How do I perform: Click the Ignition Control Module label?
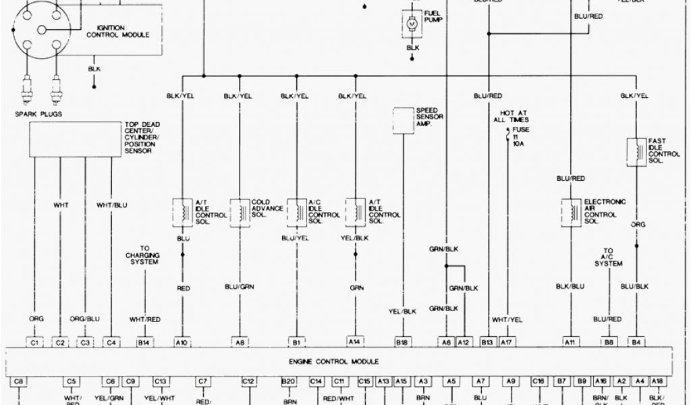point(118,31)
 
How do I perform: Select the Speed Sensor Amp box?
point(403,119)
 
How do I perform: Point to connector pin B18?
point(403,342)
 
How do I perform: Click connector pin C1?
point(35,342)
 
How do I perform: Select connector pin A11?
point(570,342)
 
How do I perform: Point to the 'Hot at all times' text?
point(512,116)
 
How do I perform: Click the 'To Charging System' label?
point(142,256)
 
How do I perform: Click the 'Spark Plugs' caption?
point(38,114)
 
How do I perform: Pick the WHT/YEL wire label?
point(506,319)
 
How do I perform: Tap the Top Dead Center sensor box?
point(74,139)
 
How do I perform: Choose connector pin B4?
point(635,342)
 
